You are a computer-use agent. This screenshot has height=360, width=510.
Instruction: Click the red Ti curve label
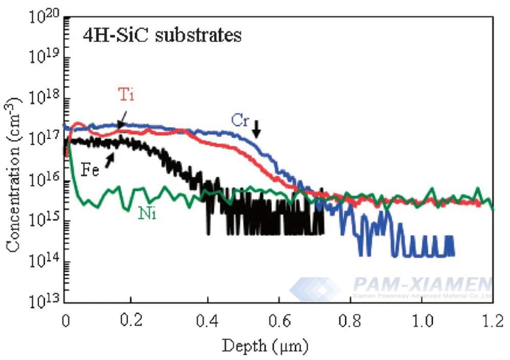coord(127,95)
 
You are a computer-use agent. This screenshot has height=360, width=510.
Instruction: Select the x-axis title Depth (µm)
coord(265,346)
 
